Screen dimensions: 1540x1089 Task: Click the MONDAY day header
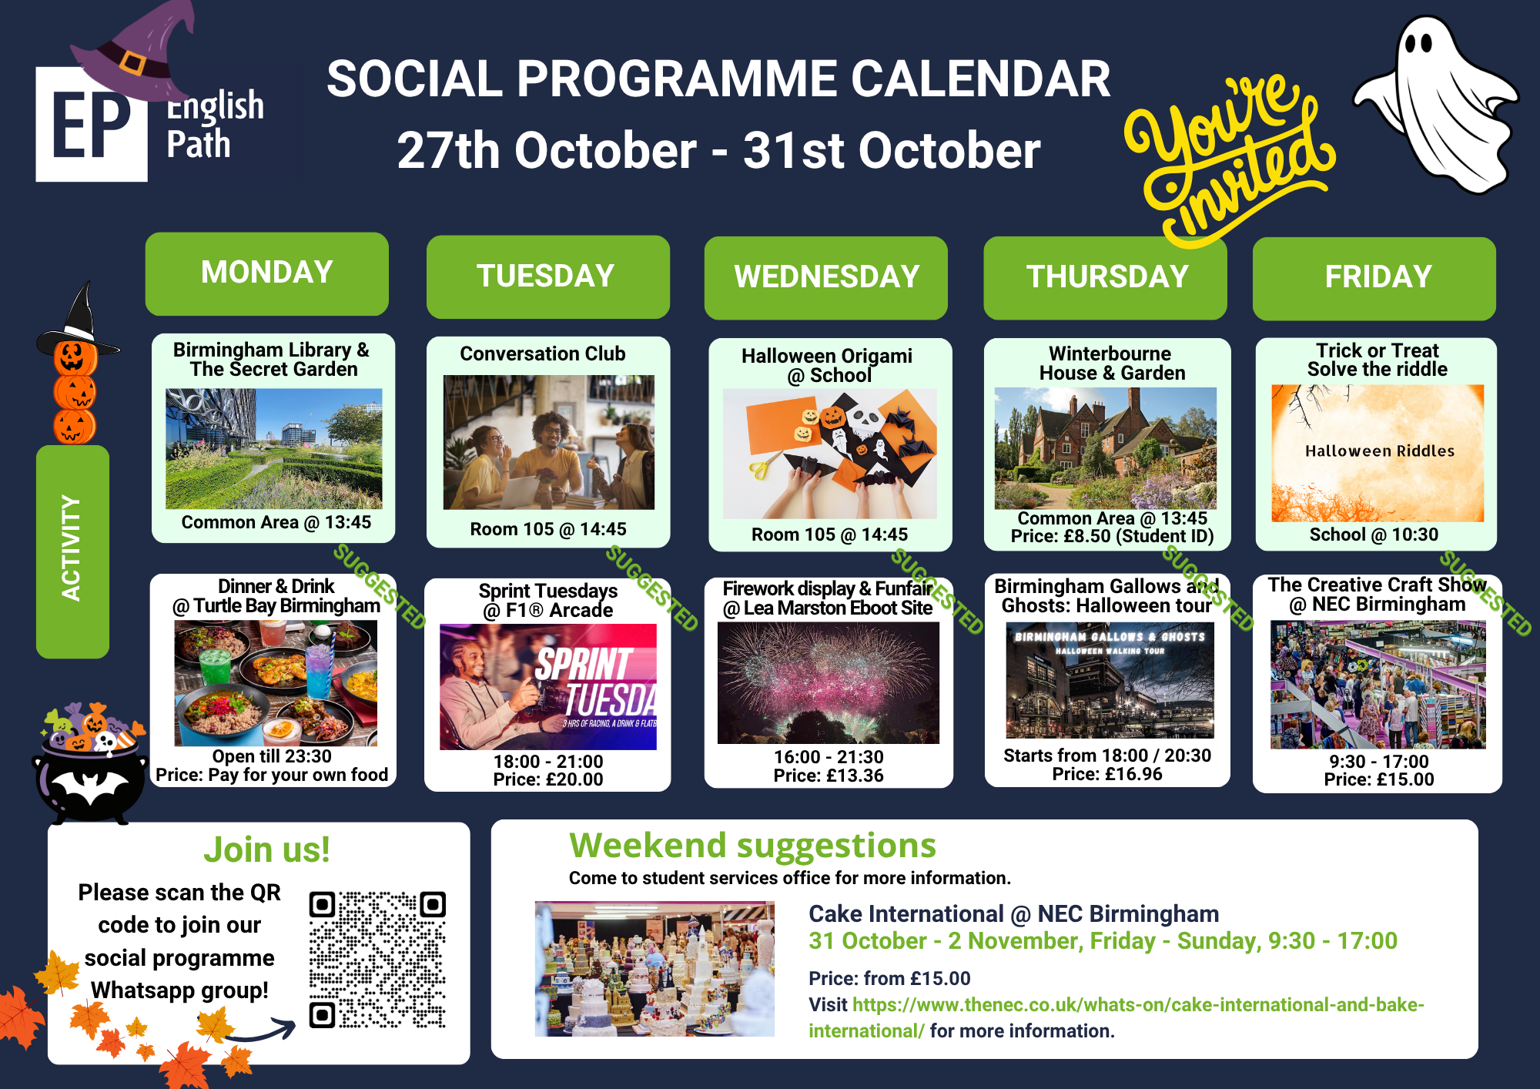click(x=266, y=273)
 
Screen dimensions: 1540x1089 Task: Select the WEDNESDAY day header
click(x=826, y=277)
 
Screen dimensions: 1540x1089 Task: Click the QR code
click(x=377, y=960)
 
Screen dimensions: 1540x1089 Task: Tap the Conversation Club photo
click(x=548, y=442)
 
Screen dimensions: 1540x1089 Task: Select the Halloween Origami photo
click(x=829, y=454)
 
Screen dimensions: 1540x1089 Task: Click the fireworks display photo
click(x=829, y=682)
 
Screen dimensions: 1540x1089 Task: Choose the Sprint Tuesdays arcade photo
click(x=548, y=687)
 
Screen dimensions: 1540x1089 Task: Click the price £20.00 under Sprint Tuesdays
click(x=548, y=779)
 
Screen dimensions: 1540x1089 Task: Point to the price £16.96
click(x=1107, y=774)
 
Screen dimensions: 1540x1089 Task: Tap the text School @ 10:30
click(x=1374, y=534)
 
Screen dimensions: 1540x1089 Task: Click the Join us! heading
click(x=266, y=850)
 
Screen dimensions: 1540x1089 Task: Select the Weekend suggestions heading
click(x=752, y=846)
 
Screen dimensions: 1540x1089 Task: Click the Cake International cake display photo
click(x=654, y=969)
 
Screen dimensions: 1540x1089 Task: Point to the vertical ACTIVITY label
click(x=72, y=549)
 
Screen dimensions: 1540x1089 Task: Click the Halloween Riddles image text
click(x=1380, y=451)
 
